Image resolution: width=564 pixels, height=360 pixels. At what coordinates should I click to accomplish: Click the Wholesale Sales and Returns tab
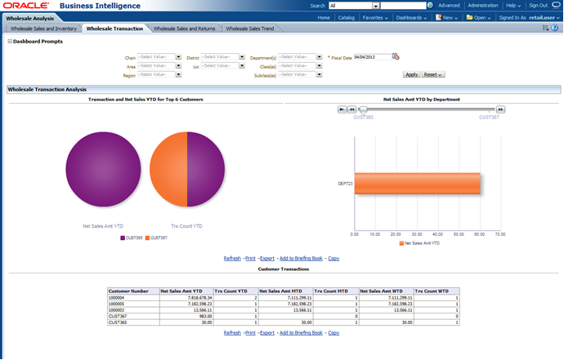184,29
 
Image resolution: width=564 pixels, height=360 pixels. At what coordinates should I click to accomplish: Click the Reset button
433,74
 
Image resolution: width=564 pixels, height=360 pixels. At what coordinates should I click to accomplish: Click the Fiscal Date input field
372,57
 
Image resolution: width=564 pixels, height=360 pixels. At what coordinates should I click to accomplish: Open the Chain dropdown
159,57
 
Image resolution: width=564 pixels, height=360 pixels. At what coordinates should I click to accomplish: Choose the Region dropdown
159,74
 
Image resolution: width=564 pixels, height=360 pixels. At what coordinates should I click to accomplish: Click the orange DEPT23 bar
417,184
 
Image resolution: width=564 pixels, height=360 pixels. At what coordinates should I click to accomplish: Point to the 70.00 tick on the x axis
500,233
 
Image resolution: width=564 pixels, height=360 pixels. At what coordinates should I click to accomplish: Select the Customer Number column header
129,290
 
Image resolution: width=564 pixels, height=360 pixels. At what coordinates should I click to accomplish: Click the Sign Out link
538,5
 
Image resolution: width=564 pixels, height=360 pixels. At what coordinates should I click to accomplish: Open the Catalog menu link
346,16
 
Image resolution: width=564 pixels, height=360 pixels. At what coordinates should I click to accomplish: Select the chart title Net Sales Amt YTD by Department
420,99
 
